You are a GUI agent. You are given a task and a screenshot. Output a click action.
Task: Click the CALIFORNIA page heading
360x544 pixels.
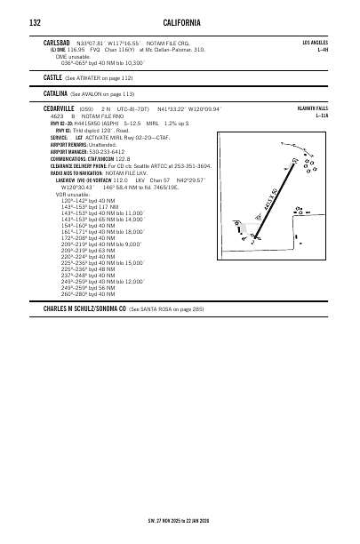point(181,20)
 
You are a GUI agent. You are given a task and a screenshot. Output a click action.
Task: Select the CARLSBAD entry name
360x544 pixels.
point(58,42)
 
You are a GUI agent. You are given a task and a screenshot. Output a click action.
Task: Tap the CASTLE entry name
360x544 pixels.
point(52,78)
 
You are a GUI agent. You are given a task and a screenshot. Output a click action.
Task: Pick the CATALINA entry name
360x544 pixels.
point(55,92)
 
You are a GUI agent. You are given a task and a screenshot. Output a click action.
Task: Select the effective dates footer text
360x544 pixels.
point(179,521)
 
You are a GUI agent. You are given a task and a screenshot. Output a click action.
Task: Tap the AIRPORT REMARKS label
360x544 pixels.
point(72,144)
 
